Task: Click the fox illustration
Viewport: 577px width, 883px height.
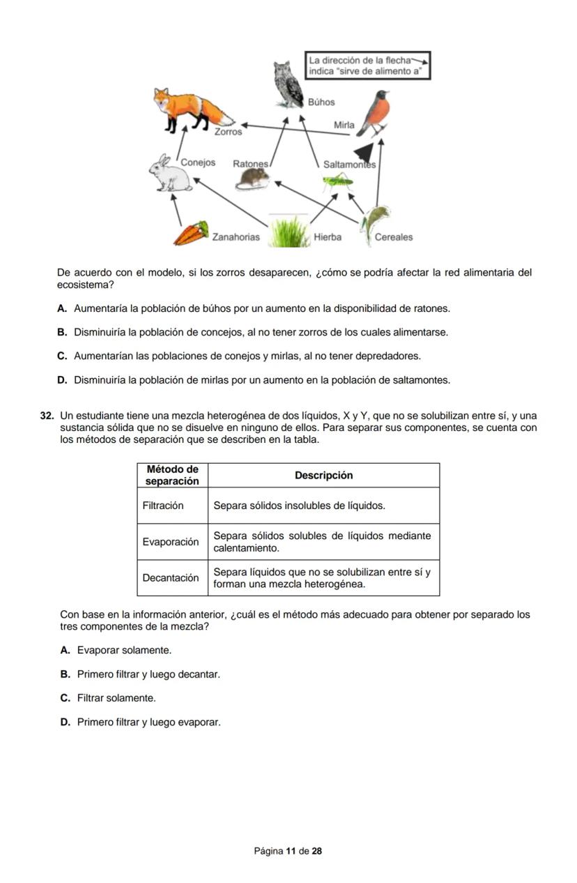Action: (x=192, y=108)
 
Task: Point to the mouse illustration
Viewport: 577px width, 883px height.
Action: (x=252, y=179)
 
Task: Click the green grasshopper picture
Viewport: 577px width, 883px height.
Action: (x=336, y=183)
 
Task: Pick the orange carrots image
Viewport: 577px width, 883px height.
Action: (x=191, y=234)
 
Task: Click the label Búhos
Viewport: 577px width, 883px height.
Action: (x=321, y=102)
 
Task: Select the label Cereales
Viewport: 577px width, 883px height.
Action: (x=394, y=237)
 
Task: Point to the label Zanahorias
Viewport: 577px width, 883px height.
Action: (x=236, y=237)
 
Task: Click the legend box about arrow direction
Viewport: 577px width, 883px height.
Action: (x=367, y=66)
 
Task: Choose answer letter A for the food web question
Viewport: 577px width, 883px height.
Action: (x=62, y=308)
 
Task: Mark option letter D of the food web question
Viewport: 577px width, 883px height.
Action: (x=62, y=380)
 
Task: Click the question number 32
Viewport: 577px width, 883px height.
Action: (x=47, y=416)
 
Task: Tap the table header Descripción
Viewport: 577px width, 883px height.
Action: (x=323, y=475)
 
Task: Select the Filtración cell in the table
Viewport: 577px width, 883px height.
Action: (x=163, y=506)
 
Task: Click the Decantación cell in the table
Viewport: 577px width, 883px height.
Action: (x=171, y=578)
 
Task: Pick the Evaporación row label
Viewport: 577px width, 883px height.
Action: (x=171, y=542)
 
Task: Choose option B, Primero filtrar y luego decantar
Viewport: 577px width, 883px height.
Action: (x=148, y=674)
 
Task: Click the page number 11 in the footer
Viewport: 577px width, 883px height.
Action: (x=291, y=851)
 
